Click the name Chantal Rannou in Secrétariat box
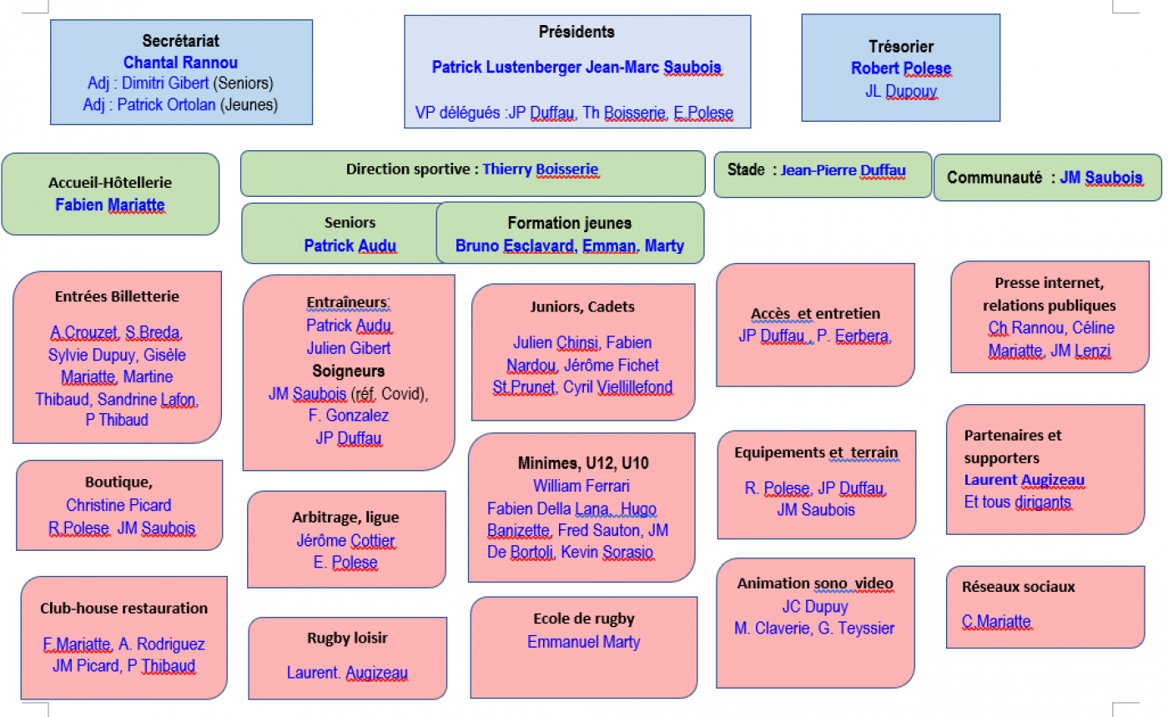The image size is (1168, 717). (x=180, y=63)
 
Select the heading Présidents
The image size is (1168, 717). (x=576, y=32)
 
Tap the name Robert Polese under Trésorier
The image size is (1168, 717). (x=900, y=68)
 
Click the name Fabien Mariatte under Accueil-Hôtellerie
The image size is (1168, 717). (x=110, y=204)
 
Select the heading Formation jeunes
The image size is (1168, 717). (x=569, y=223)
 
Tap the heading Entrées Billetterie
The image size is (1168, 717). (x=117, y=296)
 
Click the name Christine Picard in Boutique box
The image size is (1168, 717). (x=118, y=506)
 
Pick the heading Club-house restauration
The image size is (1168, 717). (x=123, y=608)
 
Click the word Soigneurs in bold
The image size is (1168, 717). (x=348, y=371)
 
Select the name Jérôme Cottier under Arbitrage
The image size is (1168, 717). (x=345, y=540)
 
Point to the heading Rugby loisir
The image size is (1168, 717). (x=347, y=639)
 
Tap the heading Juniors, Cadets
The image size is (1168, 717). (x=582, y=306)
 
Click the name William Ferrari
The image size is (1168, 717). (x=581, y=486)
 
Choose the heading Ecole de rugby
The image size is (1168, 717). (x=583, y=619)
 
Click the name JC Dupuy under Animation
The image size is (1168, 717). (x=814, y=607)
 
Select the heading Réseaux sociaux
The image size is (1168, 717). (x=1018, y=587)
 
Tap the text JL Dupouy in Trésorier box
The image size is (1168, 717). (x=900, y=91)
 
